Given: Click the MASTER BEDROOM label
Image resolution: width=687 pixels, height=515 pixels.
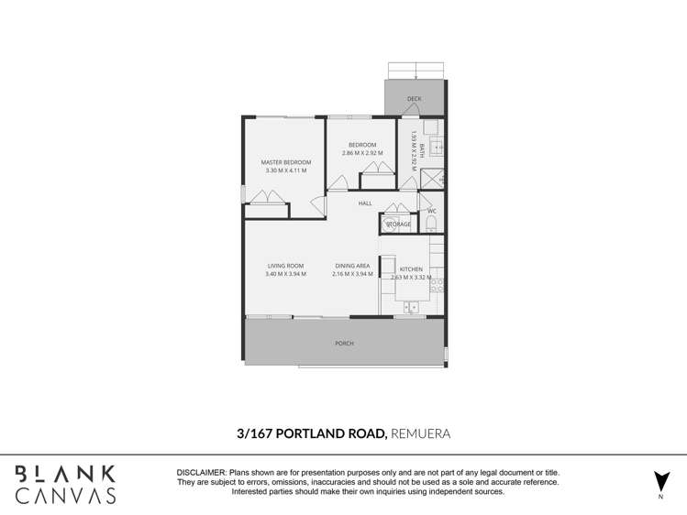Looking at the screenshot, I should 285,162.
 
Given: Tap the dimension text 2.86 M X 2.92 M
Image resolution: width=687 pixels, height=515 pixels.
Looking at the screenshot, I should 362,153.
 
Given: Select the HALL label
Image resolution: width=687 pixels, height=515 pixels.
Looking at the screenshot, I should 365,203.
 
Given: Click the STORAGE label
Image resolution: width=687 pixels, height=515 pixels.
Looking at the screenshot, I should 398,224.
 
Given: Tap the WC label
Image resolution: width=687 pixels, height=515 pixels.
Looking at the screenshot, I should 431,212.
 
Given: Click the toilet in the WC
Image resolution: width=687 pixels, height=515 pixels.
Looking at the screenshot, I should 432,225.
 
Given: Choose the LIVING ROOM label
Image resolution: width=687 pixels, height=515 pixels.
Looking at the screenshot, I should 285,266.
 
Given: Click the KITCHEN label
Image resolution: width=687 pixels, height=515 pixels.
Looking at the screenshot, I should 410,268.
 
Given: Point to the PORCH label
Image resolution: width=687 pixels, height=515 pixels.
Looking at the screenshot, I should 344,344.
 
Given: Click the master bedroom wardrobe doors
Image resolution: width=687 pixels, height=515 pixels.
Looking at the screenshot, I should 266,197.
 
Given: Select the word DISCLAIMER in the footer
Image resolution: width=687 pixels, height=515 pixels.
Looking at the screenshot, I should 201,471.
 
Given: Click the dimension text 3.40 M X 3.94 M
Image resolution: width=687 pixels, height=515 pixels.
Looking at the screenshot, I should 285,274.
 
